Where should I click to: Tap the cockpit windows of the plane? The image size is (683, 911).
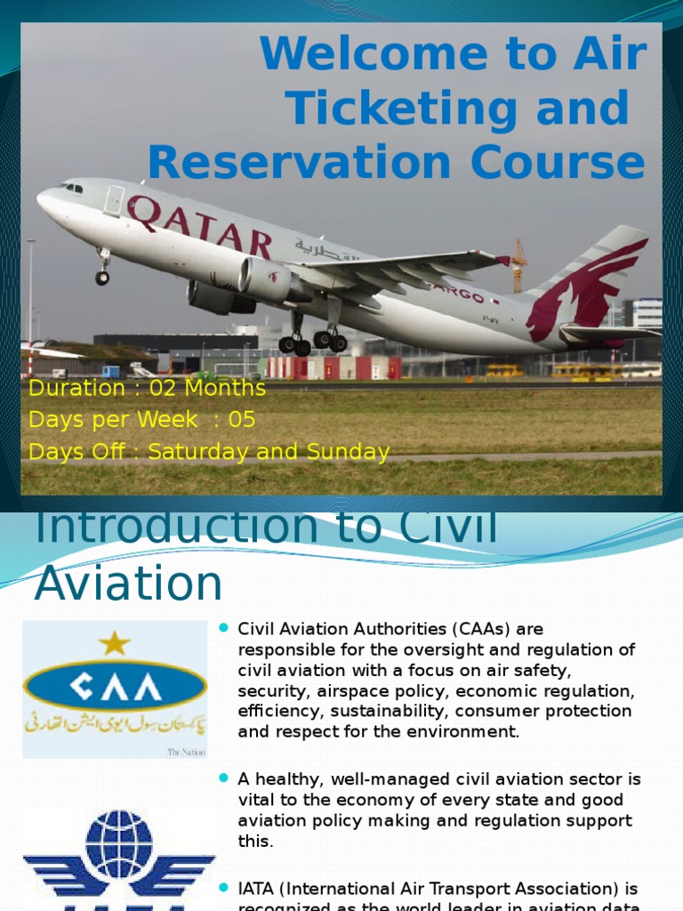tap(70, 188)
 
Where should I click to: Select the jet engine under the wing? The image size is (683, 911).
tap(267, 279)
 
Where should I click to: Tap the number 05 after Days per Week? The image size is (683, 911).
tap(242, 420)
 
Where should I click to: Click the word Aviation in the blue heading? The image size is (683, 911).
tap(128, 584)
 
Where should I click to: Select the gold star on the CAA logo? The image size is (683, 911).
tap(114, 643)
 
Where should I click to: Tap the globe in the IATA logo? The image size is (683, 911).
tap(118, 844)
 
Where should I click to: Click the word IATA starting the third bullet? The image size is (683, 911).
tap(256, 889)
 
